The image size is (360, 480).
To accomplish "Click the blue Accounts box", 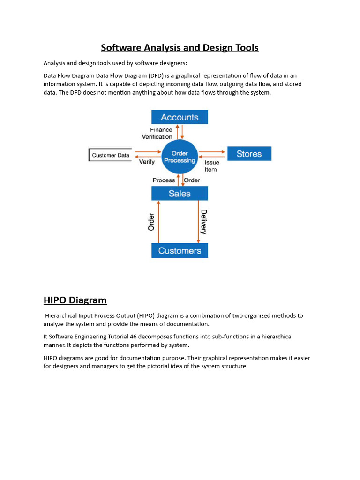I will pyautogui.click(x=180, y=117).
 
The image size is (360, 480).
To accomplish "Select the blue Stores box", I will pyautogui.click(x=249, y=154).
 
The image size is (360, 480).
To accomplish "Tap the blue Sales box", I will pyautogui.click(x=180, y=193).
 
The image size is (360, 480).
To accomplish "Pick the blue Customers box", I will pyautogui.click(x=180, y=250).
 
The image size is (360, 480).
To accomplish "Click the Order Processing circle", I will pyautogui.click(x=180, y=157).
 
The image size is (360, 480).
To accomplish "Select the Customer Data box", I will pyautogui.click(x=111, y=155).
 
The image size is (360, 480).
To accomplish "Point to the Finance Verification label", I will pyautogui.click(x=157, y=133).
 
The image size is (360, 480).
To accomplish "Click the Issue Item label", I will pyautogui.click(x=211, y=166).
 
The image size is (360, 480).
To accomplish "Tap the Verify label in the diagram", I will pyautogui.click(x=147, y=162).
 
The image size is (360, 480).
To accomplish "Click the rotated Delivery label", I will pyautogui.click(x=204, y=222).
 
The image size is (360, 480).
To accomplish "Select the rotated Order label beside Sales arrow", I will pyautogui.click(x=151, y=222).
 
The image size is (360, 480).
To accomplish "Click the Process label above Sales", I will pyautogui.click(x=164, y=180).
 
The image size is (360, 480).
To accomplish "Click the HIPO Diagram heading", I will pyautogui.click(x=75, y=300).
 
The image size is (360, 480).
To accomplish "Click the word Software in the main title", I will pyautogui.click(x=120, y=48).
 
